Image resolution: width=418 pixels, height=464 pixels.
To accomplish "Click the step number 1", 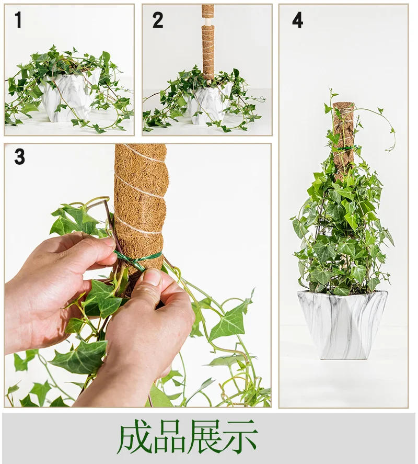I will (x=18, y=21).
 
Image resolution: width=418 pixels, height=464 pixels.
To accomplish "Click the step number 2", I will (x=158, y=21).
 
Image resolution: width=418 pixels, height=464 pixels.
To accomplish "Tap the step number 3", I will (x=19, y=156).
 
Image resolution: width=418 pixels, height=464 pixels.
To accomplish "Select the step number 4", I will (x=297, y=20).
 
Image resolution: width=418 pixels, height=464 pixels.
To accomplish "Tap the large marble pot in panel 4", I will (x=342, y=324).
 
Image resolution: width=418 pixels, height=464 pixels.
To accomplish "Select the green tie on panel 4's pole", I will (x=344, y=148).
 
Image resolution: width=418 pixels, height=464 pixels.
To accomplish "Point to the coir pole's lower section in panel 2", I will (x=208, y=52).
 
